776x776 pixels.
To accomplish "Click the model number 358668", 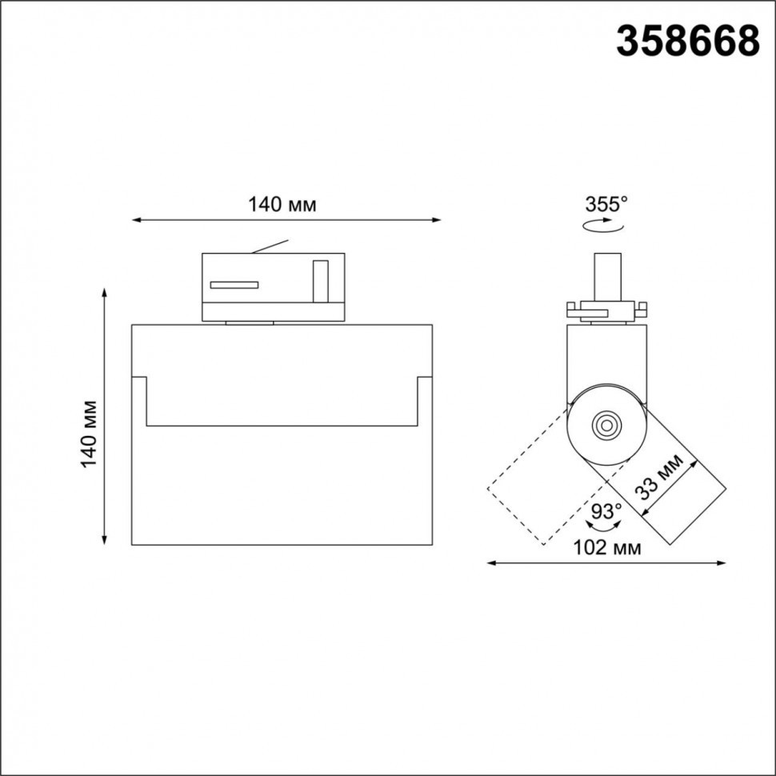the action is (x=688, y=41).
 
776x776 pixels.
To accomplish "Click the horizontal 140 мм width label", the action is (x=282, y=204).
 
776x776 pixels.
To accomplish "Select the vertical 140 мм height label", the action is (x=90, y=434).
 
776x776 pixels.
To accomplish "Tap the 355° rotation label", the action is (x=606, y=204).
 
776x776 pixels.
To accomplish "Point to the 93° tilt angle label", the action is (x=606, y=510).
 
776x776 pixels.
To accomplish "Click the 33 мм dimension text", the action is (x=659, y=477).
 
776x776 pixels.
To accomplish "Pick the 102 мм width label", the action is (x=606, y=547).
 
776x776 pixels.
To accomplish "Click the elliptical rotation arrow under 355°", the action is (x=602, y=226).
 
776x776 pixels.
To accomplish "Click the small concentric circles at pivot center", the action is (x=606, y=425).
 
